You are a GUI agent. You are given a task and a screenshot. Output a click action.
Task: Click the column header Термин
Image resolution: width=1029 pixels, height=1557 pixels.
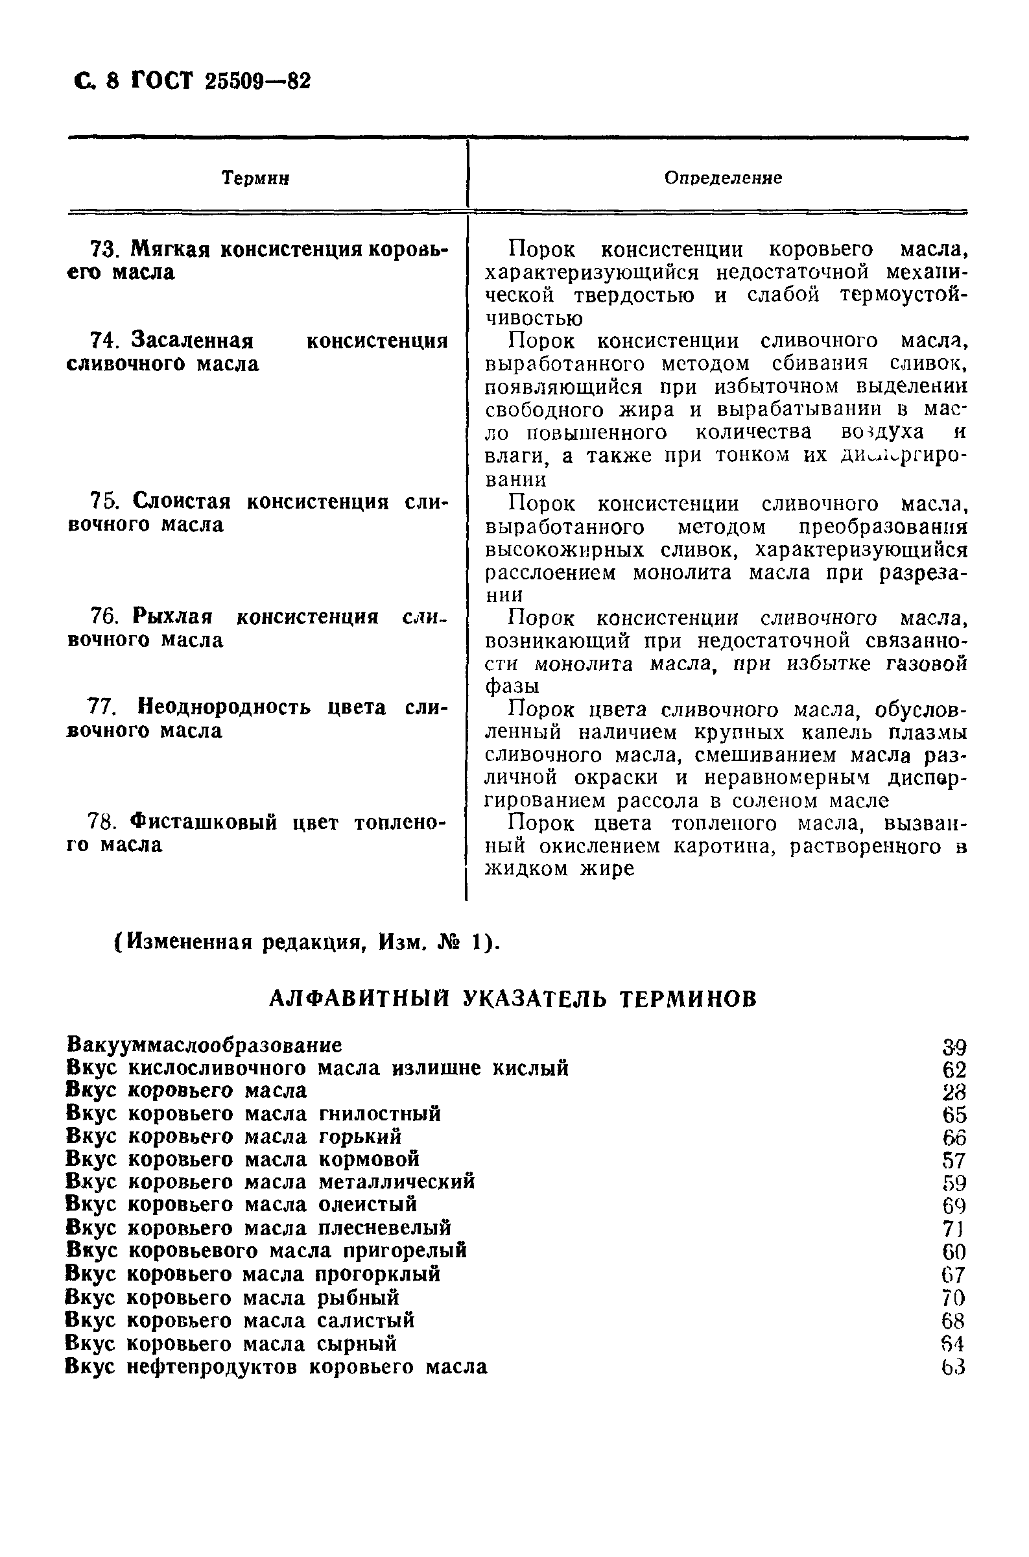point(256,178)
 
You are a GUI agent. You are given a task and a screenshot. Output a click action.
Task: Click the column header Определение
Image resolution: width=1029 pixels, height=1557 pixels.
point(722,178)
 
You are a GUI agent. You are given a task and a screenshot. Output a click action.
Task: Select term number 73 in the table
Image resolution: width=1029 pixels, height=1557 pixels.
point(102,249)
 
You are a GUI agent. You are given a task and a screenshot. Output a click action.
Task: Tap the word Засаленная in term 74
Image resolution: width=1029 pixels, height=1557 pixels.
point(193,341)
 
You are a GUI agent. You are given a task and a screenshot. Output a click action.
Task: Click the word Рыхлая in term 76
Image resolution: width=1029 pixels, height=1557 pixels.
point(172,617)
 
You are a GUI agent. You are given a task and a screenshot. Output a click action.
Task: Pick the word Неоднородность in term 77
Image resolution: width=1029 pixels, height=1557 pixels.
point(224,707)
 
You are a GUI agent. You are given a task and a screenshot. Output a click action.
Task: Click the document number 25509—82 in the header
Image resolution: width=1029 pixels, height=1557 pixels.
point(257,81)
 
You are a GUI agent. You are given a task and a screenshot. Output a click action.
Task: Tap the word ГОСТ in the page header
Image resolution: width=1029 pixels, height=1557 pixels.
point(163,80)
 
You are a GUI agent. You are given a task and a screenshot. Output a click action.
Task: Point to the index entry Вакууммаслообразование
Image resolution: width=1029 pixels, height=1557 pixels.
point(204,1045)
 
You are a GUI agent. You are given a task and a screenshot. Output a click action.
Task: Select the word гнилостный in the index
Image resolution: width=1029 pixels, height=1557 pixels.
point(380,1114)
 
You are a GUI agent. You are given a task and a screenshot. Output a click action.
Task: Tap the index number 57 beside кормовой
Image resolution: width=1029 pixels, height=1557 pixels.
point(954,1160)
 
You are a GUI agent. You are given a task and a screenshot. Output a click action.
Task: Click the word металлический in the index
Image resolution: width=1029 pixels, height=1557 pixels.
point(396,1182)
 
